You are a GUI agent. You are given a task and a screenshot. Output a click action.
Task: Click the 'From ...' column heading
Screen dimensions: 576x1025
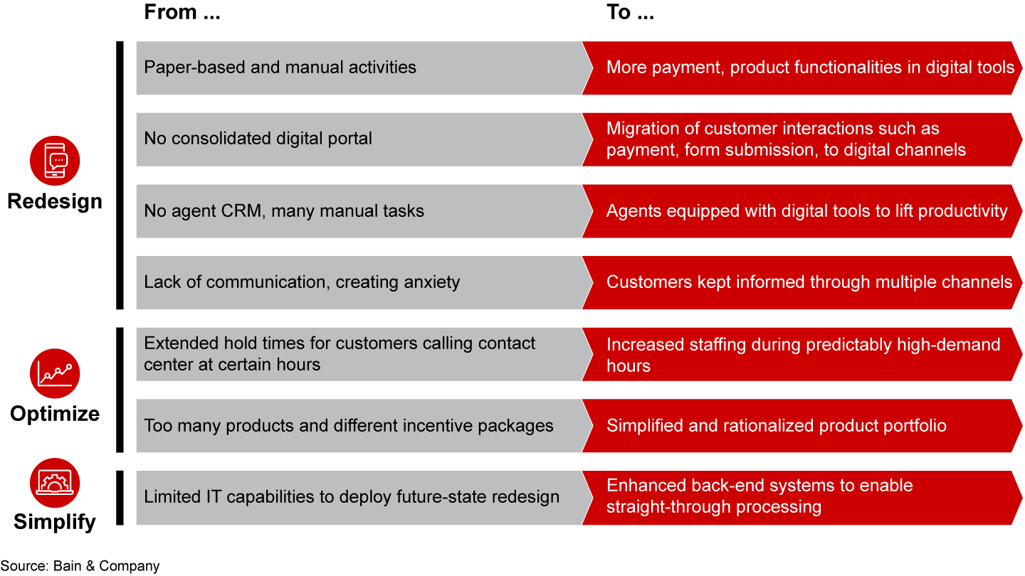(x=182, y=14)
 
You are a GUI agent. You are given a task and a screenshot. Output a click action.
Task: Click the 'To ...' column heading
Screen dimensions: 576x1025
(x=629, y=14)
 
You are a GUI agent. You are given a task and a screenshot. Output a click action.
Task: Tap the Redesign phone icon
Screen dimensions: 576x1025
(x=55, y=161)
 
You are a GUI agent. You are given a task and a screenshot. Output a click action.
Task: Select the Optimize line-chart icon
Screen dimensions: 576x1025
(x=55, y=373)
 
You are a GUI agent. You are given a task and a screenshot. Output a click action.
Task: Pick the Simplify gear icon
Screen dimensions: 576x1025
(x=55, y=482)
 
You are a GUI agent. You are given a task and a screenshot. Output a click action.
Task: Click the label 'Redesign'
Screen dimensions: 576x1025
(x=55, y=201)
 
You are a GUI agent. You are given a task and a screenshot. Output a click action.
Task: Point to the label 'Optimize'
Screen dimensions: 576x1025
(x=55, y=414)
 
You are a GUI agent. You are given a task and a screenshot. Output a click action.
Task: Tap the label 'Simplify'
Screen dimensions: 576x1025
(x=55, y=522)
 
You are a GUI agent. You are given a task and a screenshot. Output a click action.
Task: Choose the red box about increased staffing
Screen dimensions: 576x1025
(x=797, y=355)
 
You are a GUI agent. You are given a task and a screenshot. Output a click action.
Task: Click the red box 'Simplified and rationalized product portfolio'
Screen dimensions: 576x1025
(x=797, y=426)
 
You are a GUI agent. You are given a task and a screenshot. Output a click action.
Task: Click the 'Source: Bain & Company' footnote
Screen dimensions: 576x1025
(x=80, y=566)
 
